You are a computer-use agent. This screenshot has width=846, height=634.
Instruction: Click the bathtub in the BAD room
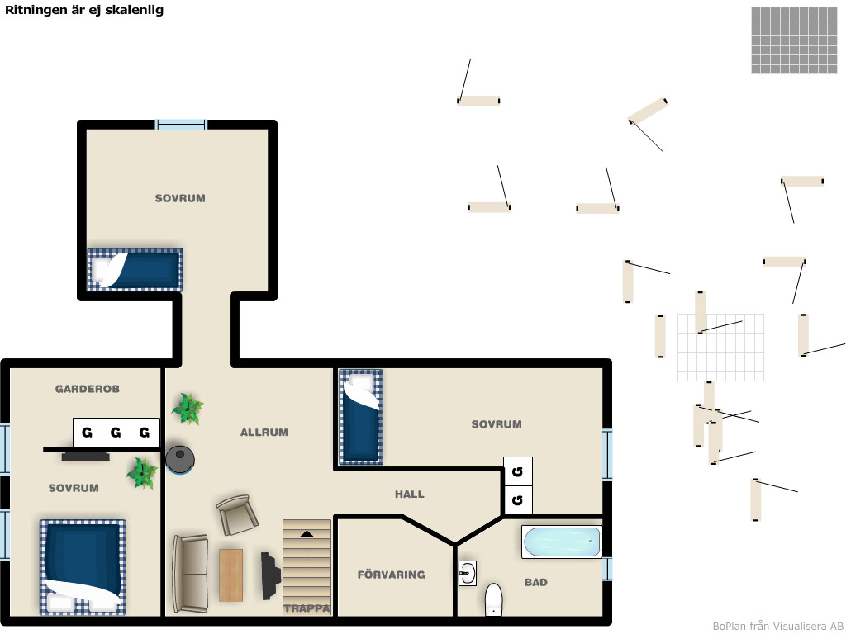[562, 542]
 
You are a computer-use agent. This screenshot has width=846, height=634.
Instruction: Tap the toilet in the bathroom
[494, 599]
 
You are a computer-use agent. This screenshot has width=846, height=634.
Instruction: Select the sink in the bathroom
[468, 574]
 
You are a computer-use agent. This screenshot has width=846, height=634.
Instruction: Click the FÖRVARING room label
[391, 575]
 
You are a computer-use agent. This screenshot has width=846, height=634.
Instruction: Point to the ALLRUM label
[264, 433]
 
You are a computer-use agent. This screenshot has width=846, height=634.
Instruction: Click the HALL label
[410, 494]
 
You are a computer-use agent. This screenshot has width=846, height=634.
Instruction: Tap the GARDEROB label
[88, 389]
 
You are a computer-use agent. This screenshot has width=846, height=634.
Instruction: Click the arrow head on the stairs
[307, 534]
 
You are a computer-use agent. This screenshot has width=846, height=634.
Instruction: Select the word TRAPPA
[307, 608]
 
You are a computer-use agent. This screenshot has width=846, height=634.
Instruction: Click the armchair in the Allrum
[237, 515]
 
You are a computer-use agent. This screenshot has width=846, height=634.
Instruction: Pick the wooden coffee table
[231, 575]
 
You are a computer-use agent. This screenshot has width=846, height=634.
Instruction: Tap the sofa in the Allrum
[190, 574]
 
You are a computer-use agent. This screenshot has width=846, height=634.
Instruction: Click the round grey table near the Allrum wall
[180, 459]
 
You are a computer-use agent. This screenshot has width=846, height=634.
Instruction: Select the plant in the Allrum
[188, 409]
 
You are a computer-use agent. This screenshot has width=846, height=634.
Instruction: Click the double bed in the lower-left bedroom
[83, 567]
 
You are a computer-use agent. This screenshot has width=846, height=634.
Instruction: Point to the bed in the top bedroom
[135, 270]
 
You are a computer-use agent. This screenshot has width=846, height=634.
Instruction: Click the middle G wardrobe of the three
[116, 433]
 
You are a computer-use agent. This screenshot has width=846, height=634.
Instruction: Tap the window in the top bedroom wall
[181, 125]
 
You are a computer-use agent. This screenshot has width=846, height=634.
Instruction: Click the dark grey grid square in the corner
[794, 40]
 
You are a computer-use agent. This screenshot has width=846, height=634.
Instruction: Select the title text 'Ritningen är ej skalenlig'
[84, 10]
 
